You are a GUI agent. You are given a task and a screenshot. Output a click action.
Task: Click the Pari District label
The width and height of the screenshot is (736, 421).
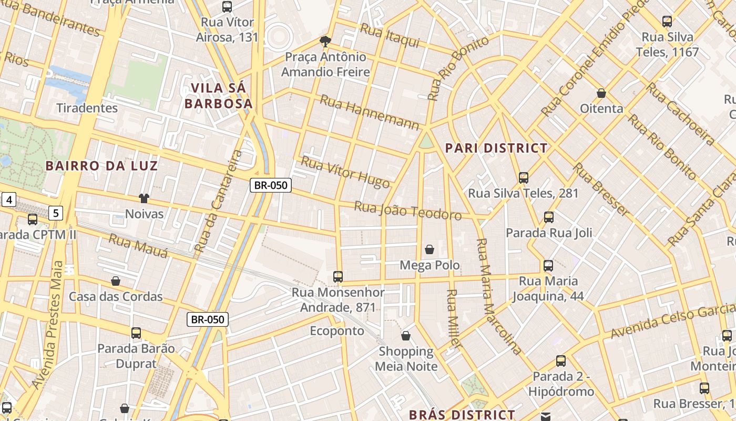pyautogui.click(x=496, y=148)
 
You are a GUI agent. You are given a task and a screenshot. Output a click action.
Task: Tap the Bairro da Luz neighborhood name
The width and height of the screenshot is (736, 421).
pyautogui.click(x=101, y=166)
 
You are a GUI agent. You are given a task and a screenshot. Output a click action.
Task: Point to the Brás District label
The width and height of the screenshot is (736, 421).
pyautogui.click(x=462, y=415)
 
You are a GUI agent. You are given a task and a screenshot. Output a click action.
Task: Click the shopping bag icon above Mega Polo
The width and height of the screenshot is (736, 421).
pyautogui.click(x=430, y=249)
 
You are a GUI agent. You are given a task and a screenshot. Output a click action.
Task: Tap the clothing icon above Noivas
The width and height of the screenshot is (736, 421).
pyautogui.click(x=144, y=198)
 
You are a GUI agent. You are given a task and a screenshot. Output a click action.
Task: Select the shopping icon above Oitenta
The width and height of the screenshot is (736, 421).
pyautogui.click(x=601, y=94)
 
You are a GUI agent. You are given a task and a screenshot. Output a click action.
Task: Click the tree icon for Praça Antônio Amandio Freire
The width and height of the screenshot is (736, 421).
pyautogui.click(x=325, y=42)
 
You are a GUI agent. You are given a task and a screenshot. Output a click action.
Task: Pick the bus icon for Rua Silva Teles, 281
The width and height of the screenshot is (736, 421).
pyautogui.click(x=523, y=178)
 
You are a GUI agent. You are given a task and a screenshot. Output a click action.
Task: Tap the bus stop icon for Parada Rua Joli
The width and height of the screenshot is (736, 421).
pyautogui.click(x=549, y=217)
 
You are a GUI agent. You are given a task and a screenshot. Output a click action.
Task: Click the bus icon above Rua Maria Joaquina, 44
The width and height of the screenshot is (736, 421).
pyautogui.click(x=548, y=266)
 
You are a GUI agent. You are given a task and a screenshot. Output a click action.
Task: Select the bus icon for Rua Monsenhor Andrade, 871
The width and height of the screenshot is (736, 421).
pyautogui.click(x=338, y=277)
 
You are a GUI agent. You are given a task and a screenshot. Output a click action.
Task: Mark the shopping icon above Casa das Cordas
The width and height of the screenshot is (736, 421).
pyautogui.click(x=116, y=281)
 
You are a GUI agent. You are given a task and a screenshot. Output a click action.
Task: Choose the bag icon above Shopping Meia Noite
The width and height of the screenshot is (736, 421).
pyautogui.click(x=406, y=336)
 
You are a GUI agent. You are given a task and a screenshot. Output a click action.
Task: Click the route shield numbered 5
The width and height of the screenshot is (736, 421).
pyautogui.click(x=56, y=213)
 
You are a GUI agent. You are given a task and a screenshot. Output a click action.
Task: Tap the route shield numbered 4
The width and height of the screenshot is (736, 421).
pyautogui.click(x=9, y=199)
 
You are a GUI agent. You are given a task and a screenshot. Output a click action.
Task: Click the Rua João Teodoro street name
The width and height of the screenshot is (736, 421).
pyautogui.click(x=408, y=210)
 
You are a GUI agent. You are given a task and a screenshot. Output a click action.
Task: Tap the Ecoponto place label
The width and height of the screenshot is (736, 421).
pyautogui.click(x=337, y=331)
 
